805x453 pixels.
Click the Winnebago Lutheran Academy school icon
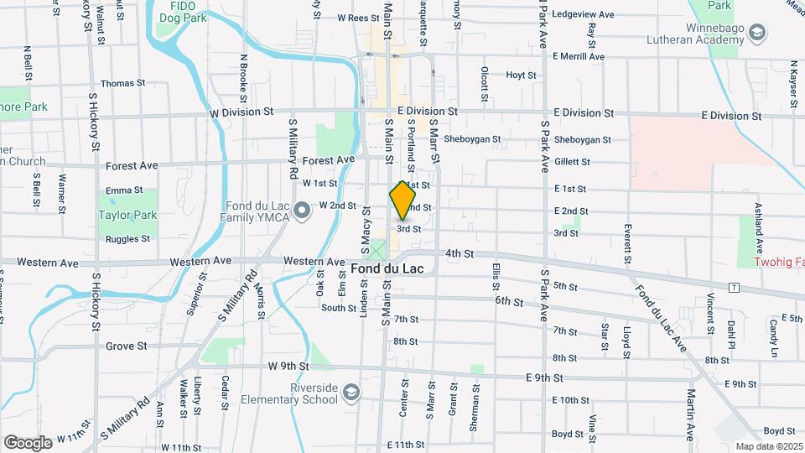757,34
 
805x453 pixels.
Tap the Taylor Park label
127,215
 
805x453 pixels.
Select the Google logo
28,442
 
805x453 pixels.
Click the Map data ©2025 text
769,446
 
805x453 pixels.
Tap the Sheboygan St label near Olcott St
472,139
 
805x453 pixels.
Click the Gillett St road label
572,162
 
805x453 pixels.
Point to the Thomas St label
122,84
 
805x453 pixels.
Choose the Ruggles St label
127,239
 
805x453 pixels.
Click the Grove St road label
127,346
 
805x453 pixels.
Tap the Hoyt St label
521,75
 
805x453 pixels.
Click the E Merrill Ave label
584,55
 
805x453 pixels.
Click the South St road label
339,308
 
